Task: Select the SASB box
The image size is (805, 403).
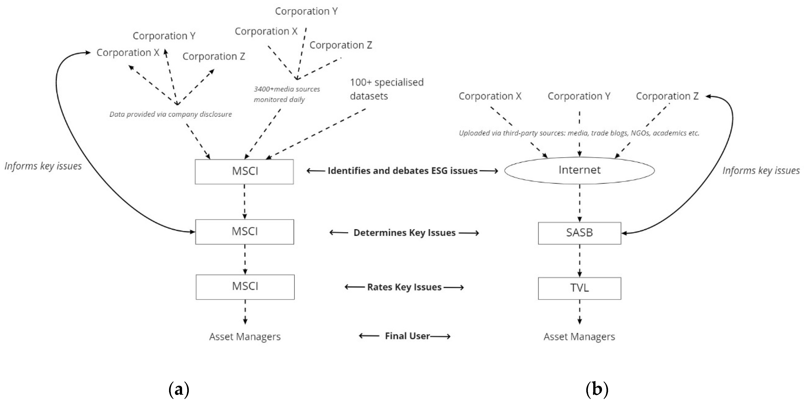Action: (x=579, y=233)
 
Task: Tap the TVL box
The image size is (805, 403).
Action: (x=579, y=288)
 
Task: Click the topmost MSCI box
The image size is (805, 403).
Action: (x=244, y=171)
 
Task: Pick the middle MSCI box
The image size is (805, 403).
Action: (x=244, y=232)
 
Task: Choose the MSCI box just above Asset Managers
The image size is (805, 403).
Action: (x=245, y=287)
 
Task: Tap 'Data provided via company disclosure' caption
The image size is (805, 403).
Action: (x=170, y=114)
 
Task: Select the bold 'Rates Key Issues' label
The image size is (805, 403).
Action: (x=404, y=287)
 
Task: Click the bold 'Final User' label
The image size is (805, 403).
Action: (x=407, y=336)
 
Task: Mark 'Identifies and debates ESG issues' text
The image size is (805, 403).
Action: (x=402, y=171)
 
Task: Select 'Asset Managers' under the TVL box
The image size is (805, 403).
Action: (x=579, y=337)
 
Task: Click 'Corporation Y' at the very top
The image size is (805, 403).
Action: (x=306, y=11)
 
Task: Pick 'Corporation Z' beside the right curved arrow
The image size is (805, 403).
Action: (x=667, y=96)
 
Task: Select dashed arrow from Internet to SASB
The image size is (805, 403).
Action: (x=580, y=203)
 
